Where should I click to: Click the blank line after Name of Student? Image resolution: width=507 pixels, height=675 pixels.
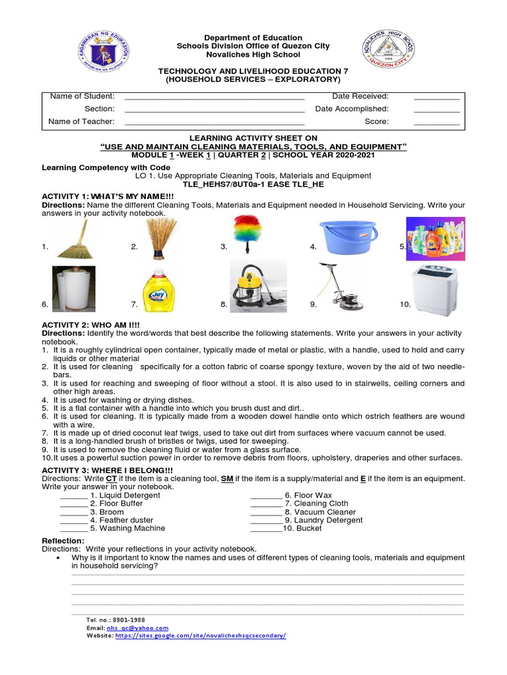(214, 97)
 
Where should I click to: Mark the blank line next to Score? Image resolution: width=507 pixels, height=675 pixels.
(436, 122)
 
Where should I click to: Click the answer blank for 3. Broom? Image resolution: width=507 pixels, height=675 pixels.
(73, 512)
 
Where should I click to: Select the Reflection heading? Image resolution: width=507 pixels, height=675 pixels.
(63, 541)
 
